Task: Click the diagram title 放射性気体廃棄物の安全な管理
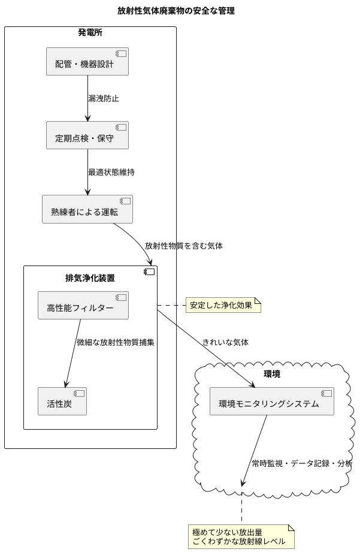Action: [x=176, y=11]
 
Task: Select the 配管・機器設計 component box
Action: [x=87, y=61]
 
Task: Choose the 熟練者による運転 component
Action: [x=87, y=209]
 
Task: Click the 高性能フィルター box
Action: [x=83, y=305]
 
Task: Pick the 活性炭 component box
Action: [x=62, y=401]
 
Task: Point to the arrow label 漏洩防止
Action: [x=104, y=98]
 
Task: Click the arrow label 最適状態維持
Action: [x=111, y=172]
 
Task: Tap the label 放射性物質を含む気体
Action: [x=184, y=246]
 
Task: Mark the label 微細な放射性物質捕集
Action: [x=116, y=343]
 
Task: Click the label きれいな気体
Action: [x=225, y=343]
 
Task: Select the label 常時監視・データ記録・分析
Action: [x=302, y=463]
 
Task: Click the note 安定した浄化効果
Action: [x=223, y=305]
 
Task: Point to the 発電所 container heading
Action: [x=90, y=33]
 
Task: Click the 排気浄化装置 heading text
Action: [x=90, y=278]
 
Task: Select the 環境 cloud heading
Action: [x=272, y=374]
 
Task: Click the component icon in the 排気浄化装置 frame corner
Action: [x=149, y=272]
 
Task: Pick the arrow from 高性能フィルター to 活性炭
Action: [x=72, y=354]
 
